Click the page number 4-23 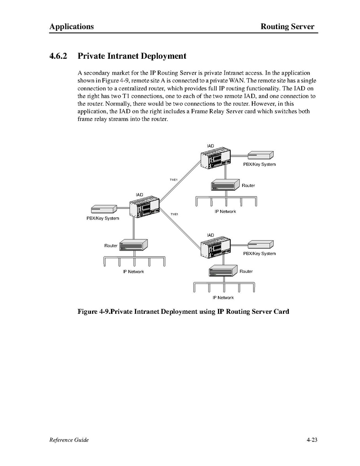[x=312, y=440]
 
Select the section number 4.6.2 [x=58, y=56]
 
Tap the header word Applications [x=71, y=26]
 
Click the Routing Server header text [x=287, y=26]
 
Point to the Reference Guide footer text [x=69, y=440]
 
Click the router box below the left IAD [x=133, y=244]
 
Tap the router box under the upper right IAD [x=225, y=185]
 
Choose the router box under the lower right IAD [x=223, y=271]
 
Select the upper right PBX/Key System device [x=261, y=155]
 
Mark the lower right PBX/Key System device [x=261, y=244]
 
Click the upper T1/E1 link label [x=174, y=179]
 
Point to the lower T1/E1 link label [x=174, y=214]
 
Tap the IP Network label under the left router [x=133, y=272]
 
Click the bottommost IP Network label [x=223, y=297]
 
